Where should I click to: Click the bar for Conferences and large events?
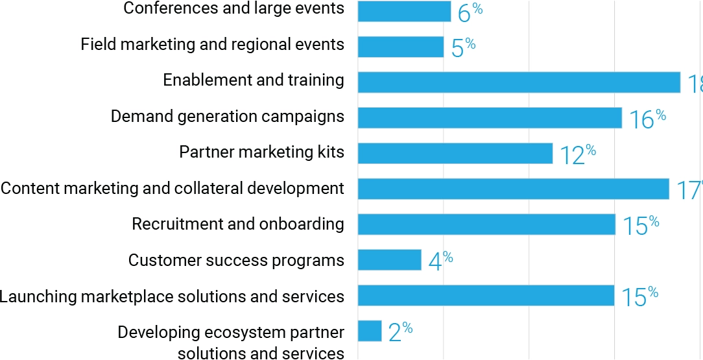coord(404,11)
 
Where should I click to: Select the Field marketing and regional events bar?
coord(401,47)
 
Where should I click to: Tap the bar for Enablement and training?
coord(519,82)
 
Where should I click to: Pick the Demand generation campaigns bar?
coord(490,118)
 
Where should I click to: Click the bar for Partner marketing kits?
coord(455,154)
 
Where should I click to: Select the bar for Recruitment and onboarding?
coord(486,224)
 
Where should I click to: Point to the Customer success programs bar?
coord(390,260)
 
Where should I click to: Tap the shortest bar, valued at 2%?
coord(370,331)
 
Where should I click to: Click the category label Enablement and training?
coord(254,80)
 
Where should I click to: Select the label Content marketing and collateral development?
coord(173,189)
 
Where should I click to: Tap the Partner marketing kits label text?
coord(261,152)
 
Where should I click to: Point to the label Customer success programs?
coord(236,261)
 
